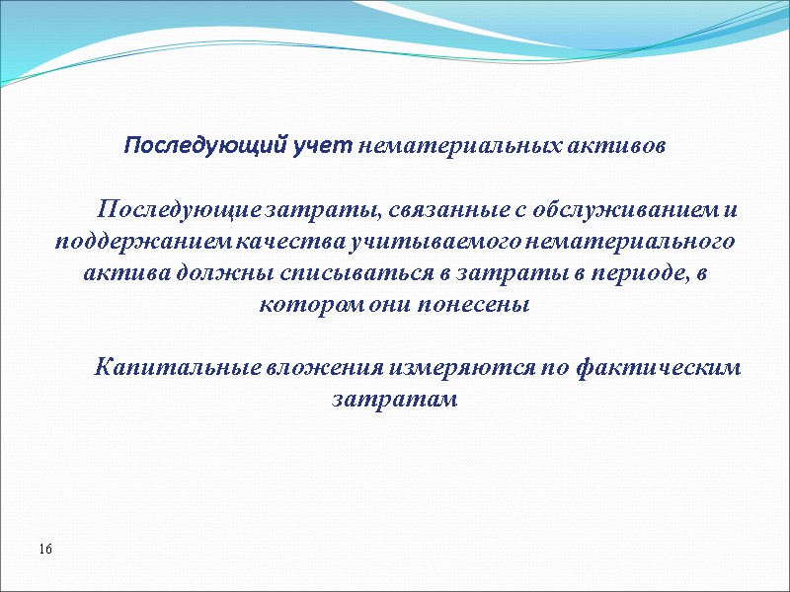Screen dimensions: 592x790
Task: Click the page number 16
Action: pyautogui.click(x=45, y=548)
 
